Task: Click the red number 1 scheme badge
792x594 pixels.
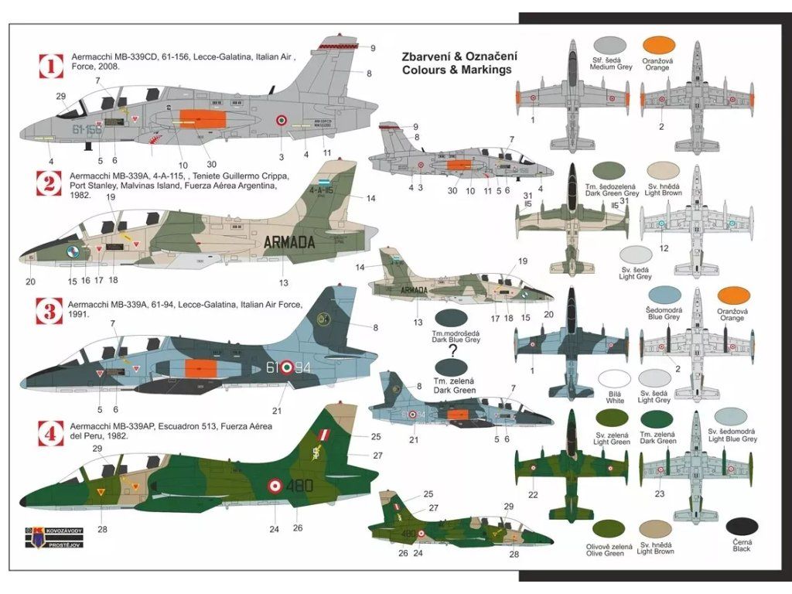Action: [x=51, y=66]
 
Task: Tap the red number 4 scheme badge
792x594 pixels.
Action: [x=51, y=435]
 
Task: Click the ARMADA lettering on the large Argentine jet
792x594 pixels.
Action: [x=289, y=242]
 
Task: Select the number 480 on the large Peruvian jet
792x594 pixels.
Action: [x=303, y=487]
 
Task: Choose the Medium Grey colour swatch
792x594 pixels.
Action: [x=608, y=45]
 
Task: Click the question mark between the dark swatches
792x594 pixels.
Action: [x=452, y=350]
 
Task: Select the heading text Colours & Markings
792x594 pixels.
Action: [x=456, y=70]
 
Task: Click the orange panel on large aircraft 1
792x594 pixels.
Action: [x=203, y=120]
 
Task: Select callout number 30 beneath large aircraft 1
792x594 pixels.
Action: [x=212, y=163]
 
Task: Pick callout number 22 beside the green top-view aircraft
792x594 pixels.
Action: [x=533, y=494]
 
